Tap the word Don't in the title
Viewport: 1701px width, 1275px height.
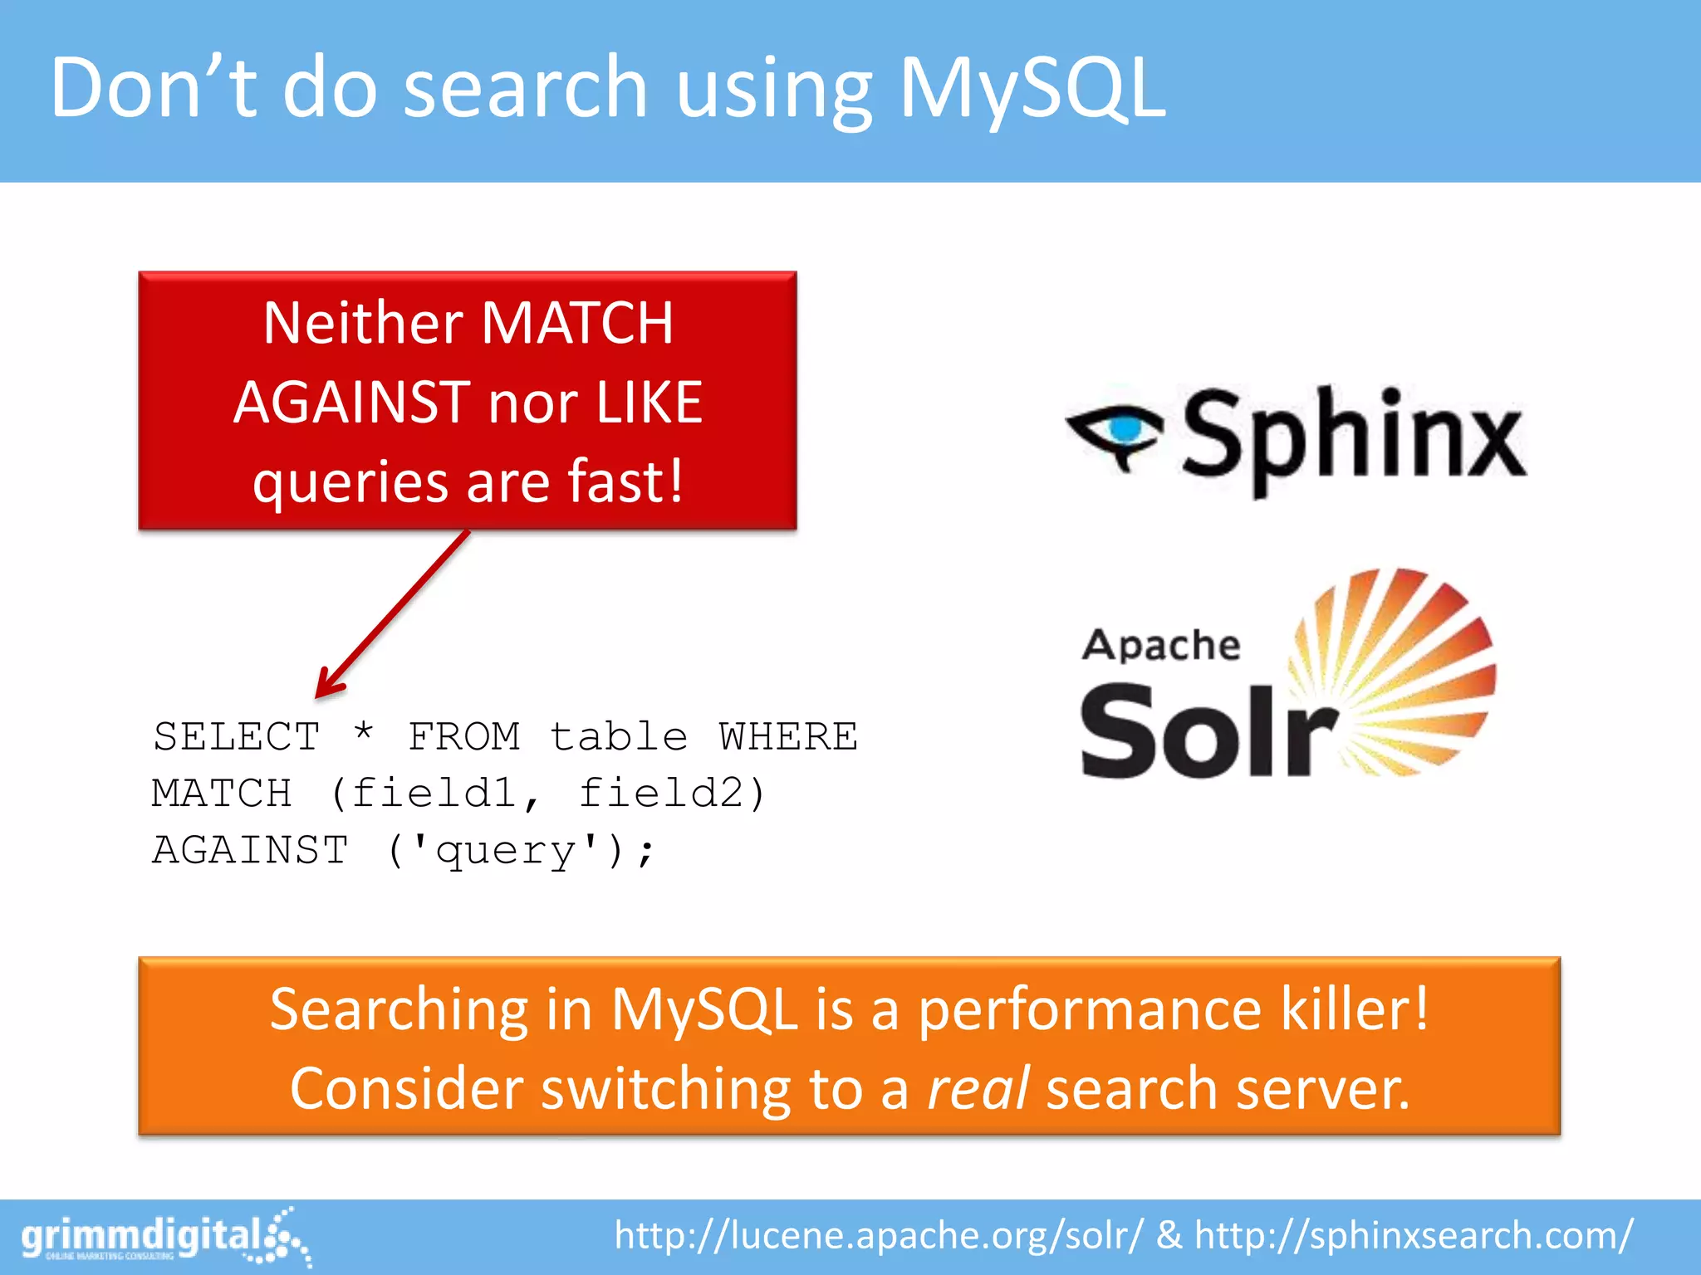154,88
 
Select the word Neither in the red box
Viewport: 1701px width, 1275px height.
362,323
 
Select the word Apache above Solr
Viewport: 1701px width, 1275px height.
1160,645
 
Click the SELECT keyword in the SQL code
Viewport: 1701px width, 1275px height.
237,737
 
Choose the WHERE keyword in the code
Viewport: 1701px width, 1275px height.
788,737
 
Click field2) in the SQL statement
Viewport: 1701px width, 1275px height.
672,794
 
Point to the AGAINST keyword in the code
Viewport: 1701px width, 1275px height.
250,850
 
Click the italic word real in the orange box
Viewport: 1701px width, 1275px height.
978,1088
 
